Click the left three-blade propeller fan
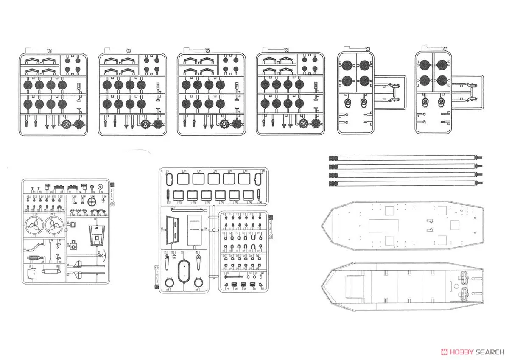(x=34, y=227)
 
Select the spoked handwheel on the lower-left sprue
(x=92, y=203)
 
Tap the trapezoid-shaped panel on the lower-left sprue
(x=97, y=234)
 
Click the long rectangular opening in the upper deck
(x=383, y=225)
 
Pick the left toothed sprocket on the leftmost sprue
(x=67, y=125)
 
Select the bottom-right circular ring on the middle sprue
(x=198, y=283)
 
